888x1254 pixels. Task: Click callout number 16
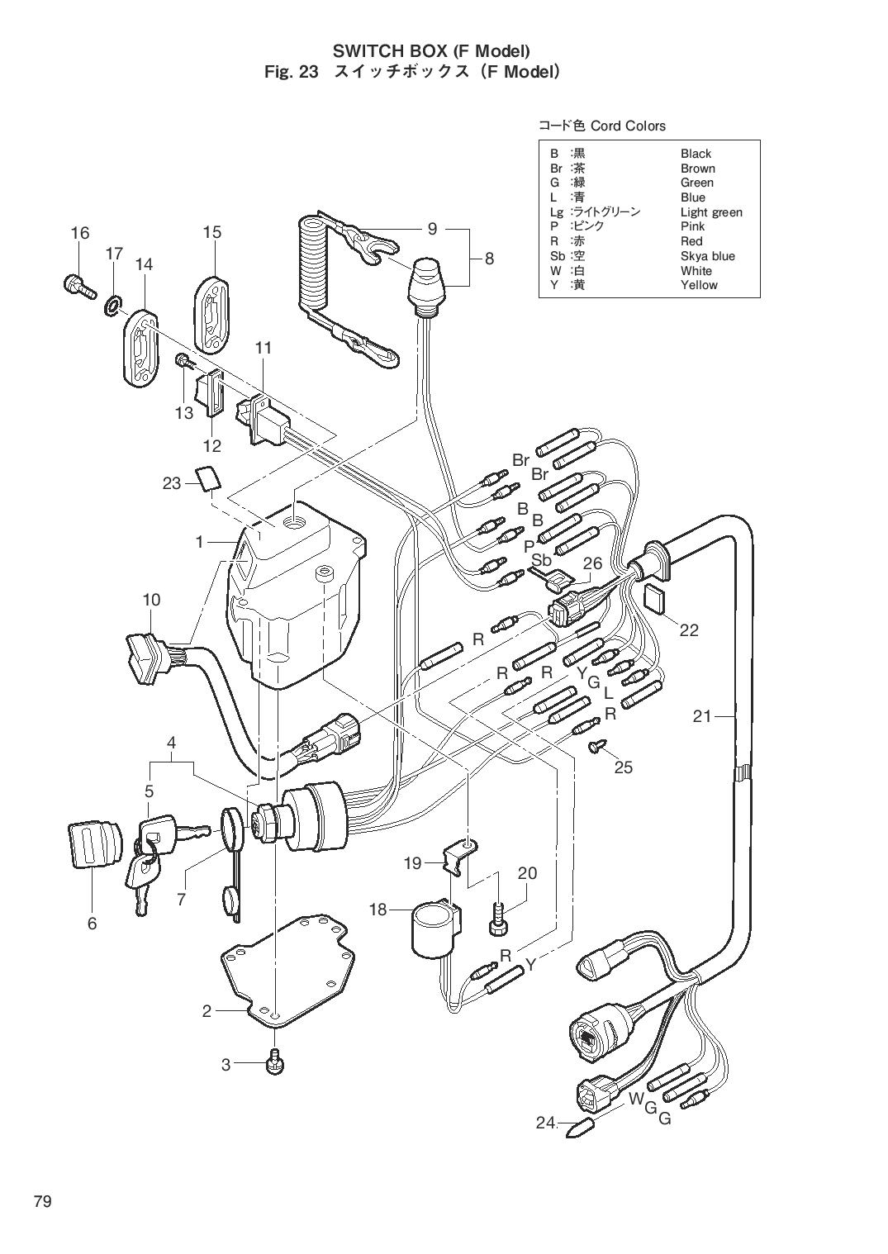79,233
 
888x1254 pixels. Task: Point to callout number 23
171,482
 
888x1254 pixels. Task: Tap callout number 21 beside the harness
701,716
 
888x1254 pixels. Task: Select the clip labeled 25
596,748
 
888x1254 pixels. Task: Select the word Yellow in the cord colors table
699,285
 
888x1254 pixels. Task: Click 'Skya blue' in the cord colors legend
707,256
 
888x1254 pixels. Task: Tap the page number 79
42,1201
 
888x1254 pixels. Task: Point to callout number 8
489,258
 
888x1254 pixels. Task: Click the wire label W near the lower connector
636,1098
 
